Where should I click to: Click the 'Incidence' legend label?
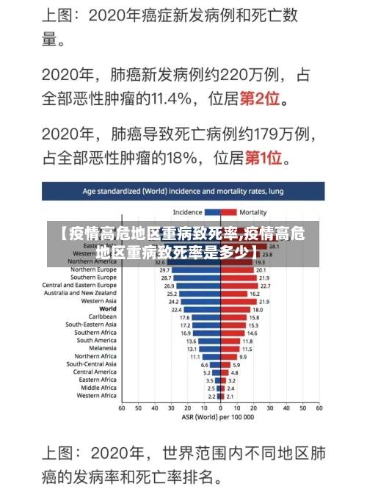pos(187,212)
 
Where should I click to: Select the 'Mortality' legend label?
pos(253,212)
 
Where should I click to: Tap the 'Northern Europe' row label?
pos(93,269)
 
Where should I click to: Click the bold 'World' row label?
pos(108,309)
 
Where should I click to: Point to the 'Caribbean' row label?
pos(103,316)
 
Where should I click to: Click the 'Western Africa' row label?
pos(97,396)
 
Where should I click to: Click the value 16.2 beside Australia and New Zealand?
pos(254,294)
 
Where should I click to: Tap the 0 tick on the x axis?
pos(220,408)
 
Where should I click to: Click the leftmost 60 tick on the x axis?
pos(122,408)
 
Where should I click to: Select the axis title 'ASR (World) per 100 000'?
pos(220,417)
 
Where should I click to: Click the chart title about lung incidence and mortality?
pos(183,191)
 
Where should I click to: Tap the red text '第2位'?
pos(264,97)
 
